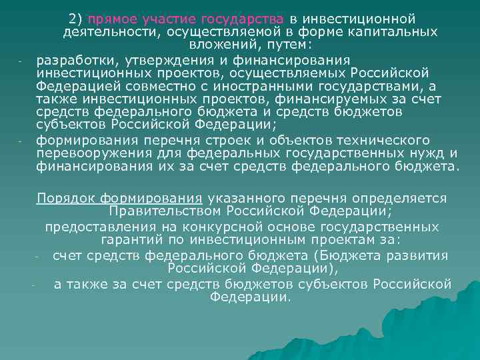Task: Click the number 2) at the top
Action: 76,17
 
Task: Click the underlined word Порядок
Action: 65,198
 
